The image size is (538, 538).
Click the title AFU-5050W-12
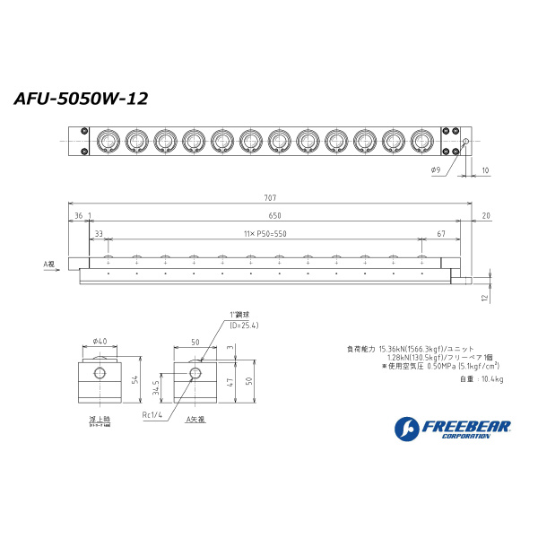[81, 99]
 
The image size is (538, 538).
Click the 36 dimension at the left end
[78, 215]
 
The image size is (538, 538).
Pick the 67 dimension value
[441, 233]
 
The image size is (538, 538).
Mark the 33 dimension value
[98, 233]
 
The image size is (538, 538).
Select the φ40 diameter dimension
[100, 341]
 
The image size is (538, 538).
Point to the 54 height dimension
[134, 381]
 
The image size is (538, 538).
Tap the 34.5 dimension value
[158, 387]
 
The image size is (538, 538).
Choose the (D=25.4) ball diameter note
[243, 325]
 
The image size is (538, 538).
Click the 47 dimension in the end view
[230, 384]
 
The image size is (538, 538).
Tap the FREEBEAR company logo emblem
[404, 429]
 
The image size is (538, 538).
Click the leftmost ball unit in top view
[108, 140]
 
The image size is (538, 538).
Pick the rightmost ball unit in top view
[421, 140]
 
